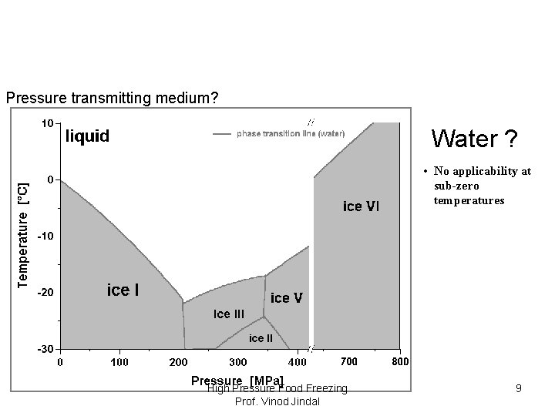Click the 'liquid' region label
(86, 136)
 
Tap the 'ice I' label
(123, 290)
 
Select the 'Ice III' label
(228, 314)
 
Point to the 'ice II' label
(260, 337)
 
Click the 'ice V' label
(286, 297)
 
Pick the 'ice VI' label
(361, 206)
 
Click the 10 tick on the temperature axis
(47, 122)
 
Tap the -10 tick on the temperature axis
(45, 236)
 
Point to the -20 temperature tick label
(45, 293)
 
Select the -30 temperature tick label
(45, 349)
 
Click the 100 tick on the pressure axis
(119, 362)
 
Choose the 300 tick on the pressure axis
(237, 362)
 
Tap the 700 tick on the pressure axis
(348, 362)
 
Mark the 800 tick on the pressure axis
(399, 362)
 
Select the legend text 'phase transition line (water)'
(290, 134)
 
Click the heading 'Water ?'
(474, 139)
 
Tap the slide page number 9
(519, 389)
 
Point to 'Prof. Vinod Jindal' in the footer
(277, 401)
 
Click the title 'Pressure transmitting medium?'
(112, 99)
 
